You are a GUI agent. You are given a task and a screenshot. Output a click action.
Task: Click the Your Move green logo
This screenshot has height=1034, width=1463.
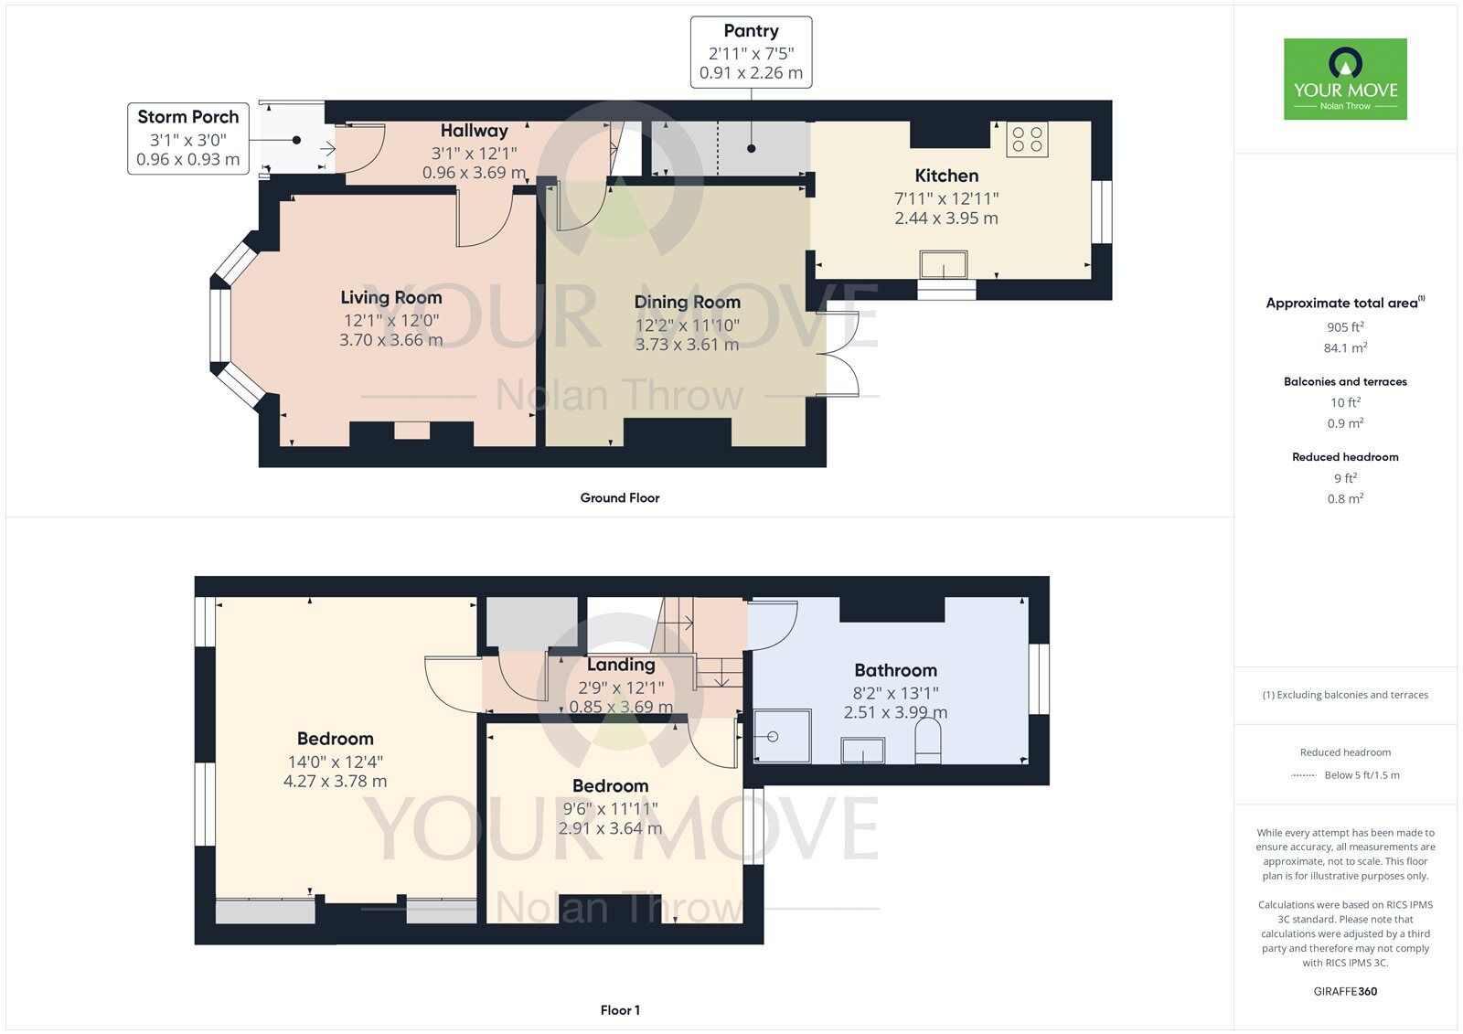coord(1345,79)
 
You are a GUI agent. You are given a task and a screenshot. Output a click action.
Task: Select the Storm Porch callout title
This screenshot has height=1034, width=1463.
coord(188,117)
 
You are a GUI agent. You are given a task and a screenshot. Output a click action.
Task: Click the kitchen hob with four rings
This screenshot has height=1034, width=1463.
coord(1027,139)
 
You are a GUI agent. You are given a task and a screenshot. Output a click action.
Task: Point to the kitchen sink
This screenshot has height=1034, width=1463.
coord(943,264)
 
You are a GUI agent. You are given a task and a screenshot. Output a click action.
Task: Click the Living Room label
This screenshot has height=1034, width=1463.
coord(391,298)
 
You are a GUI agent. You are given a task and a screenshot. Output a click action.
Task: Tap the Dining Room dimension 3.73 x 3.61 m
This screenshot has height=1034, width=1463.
coord(687,345)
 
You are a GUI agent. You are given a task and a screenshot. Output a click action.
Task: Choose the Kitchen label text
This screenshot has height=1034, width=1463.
coord(946,176)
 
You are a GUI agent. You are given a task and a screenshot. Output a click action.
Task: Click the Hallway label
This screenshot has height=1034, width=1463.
coord(475,131)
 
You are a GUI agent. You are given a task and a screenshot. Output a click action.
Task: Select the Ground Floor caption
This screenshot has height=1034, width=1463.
coord(620,497)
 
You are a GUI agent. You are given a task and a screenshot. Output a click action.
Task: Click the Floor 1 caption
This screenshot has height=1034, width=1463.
coord(620,1010)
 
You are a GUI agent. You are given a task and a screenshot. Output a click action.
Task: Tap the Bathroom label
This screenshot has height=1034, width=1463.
coord(895,670)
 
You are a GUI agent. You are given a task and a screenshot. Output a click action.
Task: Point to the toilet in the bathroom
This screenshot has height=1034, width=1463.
coord(928,742)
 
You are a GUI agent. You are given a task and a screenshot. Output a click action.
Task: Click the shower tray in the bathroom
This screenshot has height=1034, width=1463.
coord(783,736)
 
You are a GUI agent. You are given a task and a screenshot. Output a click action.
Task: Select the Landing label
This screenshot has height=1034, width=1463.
coord(621,665)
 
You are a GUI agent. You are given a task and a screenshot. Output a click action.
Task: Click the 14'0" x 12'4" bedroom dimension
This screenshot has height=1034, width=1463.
coord(335,762)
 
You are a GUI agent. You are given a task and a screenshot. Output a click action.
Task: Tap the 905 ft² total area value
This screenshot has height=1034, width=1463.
coord(1345,327)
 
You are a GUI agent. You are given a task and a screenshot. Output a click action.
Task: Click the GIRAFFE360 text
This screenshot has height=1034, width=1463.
coord(1345,992)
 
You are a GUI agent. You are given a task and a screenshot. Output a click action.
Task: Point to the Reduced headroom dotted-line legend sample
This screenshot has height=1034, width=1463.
coord(1304,775)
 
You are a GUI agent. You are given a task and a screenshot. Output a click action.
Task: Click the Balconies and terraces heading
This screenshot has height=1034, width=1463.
coord(1345,381)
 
